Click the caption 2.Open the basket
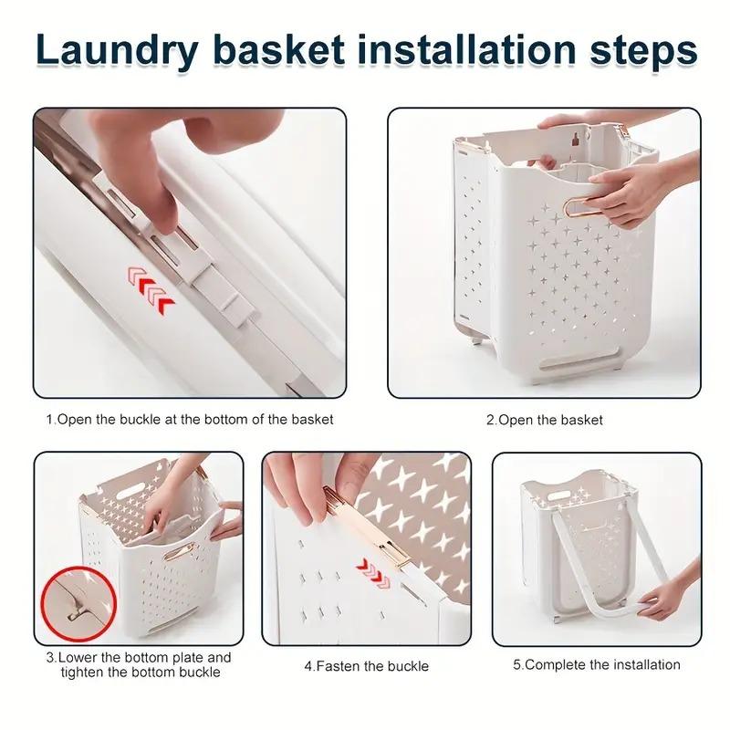pyautogui.click(x=544, y=421)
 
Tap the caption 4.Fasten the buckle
pyautogui.click(x=366, y=665)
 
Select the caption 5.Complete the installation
pyautogui.click(x=596, y=664)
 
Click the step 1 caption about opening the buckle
pyautogui.click(x=190, y=421)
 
